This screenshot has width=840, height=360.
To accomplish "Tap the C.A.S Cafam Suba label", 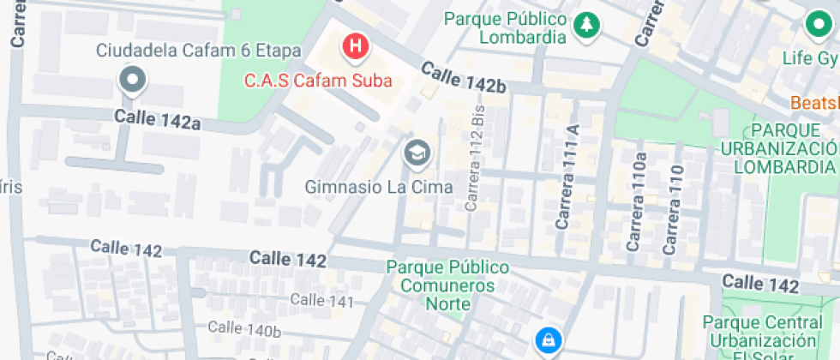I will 318,81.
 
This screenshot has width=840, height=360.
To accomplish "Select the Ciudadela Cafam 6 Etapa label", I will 198,51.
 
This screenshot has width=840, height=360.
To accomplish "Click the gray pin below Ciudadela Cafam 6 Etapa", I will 132,81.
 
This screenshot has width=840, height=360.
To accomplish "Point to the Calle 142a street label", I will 158,119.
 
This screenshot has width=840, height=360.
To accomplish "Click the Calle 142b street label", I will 462,78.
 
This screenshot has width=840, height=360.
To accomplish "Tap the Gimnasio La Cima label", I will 378,186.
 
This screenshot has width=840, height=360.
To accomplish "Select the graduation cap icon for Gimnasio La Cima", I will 417,153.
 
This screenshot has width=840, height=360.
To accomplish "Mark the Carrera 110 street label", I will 674,209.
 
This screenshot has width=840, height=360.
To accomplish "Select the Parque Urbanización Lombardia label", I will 792,147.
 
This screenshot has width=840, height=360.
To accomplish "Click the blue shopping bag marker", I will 545,341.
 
